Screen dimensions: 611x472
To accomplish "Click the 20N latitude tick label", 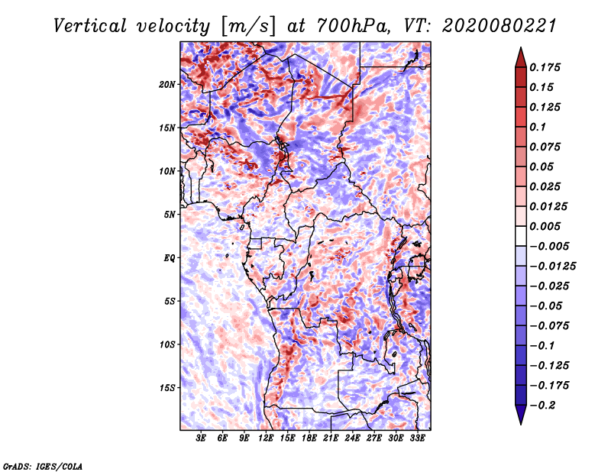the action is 167,85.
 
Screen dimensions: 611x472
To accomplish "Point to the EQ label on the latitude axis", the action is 170,258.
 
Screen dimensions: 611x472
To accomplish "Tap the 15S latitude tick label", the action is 167,388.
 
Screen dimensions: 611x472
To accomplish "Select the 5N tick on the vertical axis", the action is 170,215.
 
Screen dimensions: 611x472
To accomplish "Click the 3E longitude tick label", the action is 201,438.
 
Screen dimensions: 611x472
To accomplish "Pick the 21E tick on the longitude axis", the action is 331,438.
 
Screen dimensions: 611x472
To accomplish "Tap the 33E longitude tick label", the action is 417,438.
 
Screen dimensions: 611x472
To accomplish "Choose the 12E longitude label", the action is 265,438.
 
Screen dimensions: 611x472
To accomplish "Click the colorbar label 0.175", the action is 545,67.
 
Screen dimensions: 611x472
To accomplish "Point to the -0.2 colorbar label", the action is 541,406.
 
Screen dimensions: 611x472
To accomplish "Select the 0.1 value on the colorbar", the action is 538,127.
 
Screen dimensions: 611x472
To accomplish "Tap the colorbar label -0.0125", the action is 552,267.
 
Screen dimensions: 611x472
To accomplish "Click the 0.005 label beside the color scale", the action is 545,226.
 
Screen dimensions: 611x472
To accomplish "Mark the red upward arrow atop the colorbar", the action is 521,58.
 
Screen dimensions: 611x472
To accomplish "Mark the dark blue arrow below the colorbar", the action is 521,415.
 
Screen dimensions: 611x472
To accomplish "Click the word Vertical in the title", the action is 90,26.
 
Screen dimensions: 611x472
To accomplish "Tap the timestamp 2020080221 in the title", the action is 499,26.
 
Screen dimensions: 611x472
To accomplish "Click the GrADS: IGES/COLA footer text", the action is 43,467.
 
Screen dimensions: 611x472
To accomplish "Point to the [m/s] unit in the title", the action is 248,26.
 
